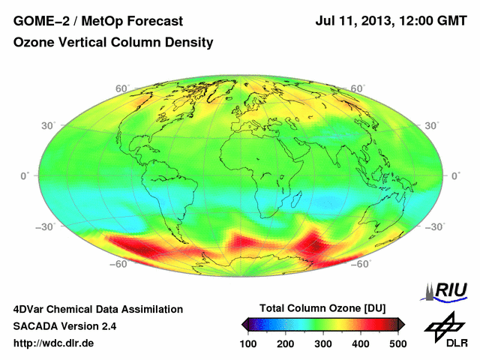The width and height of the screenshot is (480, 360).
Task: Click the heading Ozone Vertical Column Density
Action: pos(113,43)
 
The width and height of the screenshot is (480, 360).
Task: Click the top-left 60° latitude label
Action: pos(121,88)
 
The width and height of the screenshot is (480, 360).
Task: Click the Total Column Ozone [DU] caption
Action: pos(322,309)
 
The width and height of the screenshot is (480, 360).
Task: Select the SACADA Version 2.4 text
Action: pos(64,326)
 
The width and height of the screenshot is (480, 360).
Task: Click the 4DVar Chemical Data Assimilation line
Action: pos(98,309)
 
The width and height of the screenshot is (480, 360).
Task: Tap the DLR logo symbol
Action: pos(442,326)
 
